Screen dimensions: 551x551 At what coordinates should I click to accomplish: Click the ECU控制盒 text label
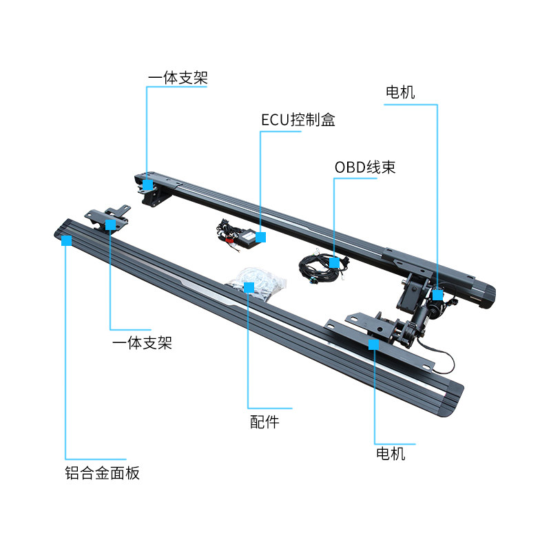(x=298, y=120)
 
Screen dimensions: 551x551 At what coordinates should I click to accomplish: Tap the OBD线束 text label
(x=365, y=167)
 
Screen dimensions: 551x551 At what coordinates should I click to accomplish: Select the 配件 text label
(x=264, y=422)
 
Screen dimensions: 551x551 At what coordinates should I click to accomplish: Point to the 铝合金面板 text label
(x=100, y=473)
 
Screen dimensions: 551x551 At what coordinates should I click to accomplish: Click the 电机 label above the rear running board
(x=400, y=92)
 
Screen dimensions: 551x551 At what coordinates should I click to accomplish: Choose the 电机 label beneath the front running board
(x=391, y=454)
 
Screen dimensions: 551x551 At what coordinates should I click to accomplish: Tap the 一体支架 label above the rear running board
(x=177, y=78)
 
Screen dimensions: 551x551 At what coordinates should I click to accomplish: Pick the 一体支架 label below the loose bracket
(x=141, y=342)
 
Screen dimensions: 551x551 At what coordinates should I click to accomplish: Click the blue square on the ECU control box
(x=260, y=238)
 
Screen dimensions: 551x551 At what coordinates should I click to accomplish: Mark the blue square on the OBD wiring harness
(x=334, y=262)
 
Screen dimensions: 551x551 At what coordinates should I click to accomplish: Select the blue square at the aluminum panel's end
(x=66, y=240)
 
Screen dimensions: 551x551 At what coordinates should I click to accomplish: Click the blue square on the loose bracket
(x=110, y=225)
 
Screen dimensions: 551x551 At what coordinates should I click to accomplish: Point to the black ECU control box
(x=244, y=236)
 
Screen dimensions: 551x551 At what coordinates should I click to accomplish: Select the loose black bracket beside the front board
(x=107, y=215)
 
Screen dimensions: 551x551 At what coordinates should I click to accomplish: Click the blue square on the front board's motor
(x=374, y=344)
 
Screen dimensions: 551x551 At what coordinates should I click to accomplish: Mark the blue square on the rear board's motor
(x=437, y=294)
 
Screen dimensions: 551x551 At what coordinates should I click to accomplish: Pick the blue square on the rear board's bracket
(x=147, y=185)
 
